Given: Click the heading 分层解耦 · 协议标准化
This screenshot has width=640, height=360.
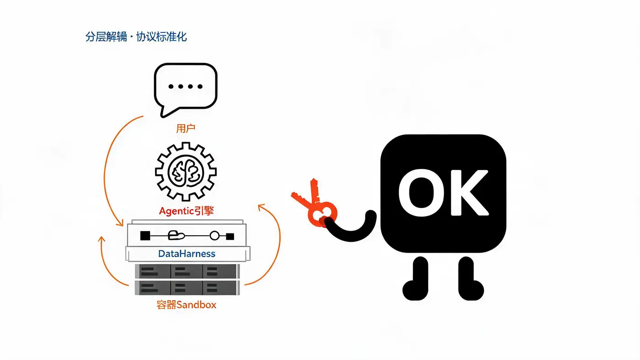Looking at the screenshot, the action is pos(136,37).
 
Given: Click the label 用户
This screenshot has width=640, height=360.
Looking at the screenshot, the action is pos(186,128).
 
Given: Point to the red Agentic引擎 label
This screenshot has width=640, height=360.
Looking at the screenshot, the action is pos(187,211).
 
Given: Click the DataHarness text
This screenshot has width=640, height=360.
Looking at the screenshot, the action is pos(187,254).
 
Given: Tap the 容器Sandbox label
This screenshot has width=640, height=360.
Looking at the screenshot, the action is pos(187,305).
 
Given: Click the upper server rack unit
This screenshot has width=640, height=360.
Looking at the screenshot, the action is pos(187,271).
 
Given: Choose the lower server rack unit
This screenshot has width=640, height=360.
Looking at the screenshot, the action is pos(187,287).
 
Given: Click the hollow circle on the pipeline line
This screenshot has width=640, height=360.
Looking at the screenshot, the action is pos(214,236).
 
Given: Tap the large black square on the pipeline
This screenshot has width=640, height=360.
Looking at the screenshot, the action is pos(145,236).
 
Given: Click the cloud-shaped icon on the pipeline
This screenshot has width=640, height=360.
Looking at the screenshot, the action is pos(176,235).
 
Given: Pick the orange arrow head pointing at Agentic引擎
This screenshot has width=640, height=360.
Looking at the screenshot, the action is pos(261,207).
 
